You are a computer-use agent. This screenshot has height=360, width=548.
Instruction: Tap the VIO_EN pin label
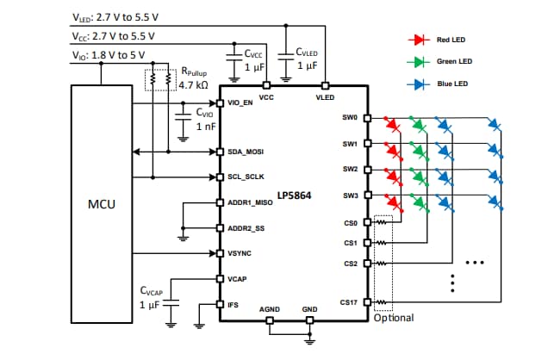tap(240, 103)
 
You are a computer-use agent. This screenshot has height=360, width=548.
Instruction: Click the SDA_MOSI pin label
tap(245, 152)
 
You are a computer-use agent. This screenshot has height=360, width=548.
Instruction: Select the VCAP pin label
tap(237, 279)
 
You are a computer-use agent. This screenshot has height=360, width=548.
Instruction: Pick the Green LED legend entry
tap(455, 62)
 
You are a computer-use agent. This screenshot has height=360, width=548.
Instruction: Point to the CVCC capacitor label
tap(253, 53)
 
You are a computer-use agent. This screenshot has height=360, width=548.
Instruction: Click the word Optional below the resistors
tap(394, 318)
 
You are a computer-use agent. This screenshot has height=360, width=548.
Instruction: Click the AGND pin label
tap(270, 308)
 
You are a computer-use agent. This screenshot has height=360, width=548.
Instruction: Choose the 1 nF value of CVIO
tap(206, 126)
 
